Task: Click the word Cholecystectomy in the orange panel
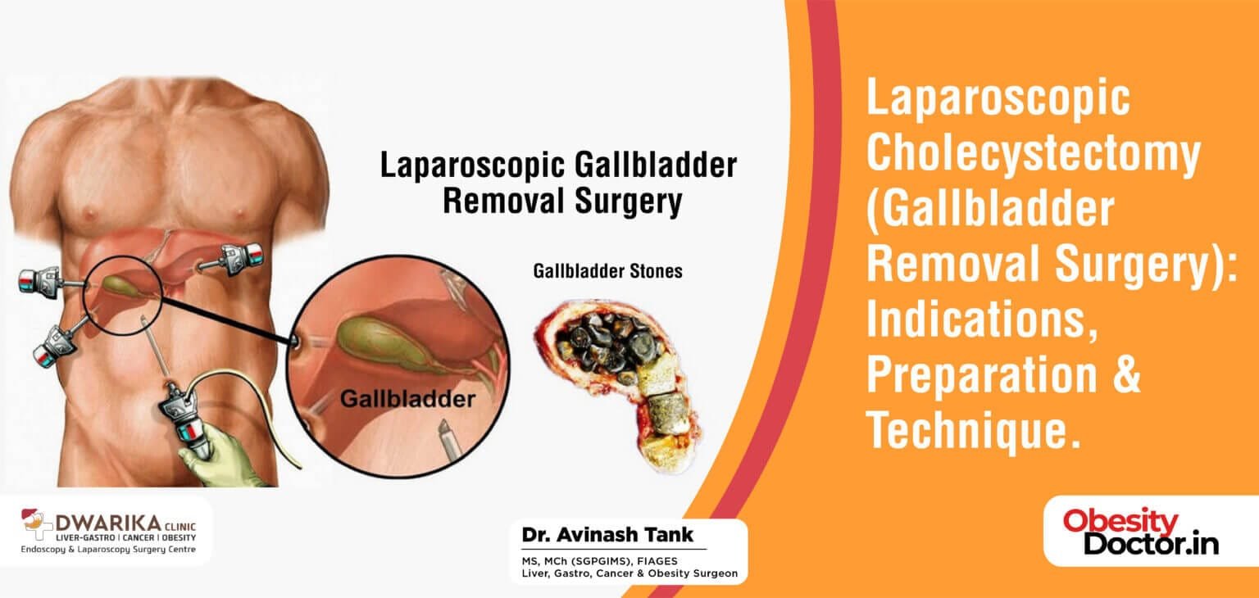click(1034, 153)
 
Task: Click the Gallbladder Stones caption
click(607, 270)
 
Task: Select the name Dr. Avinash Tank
click(607, 535)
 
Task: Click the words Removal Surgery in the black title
click(562, 201)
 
